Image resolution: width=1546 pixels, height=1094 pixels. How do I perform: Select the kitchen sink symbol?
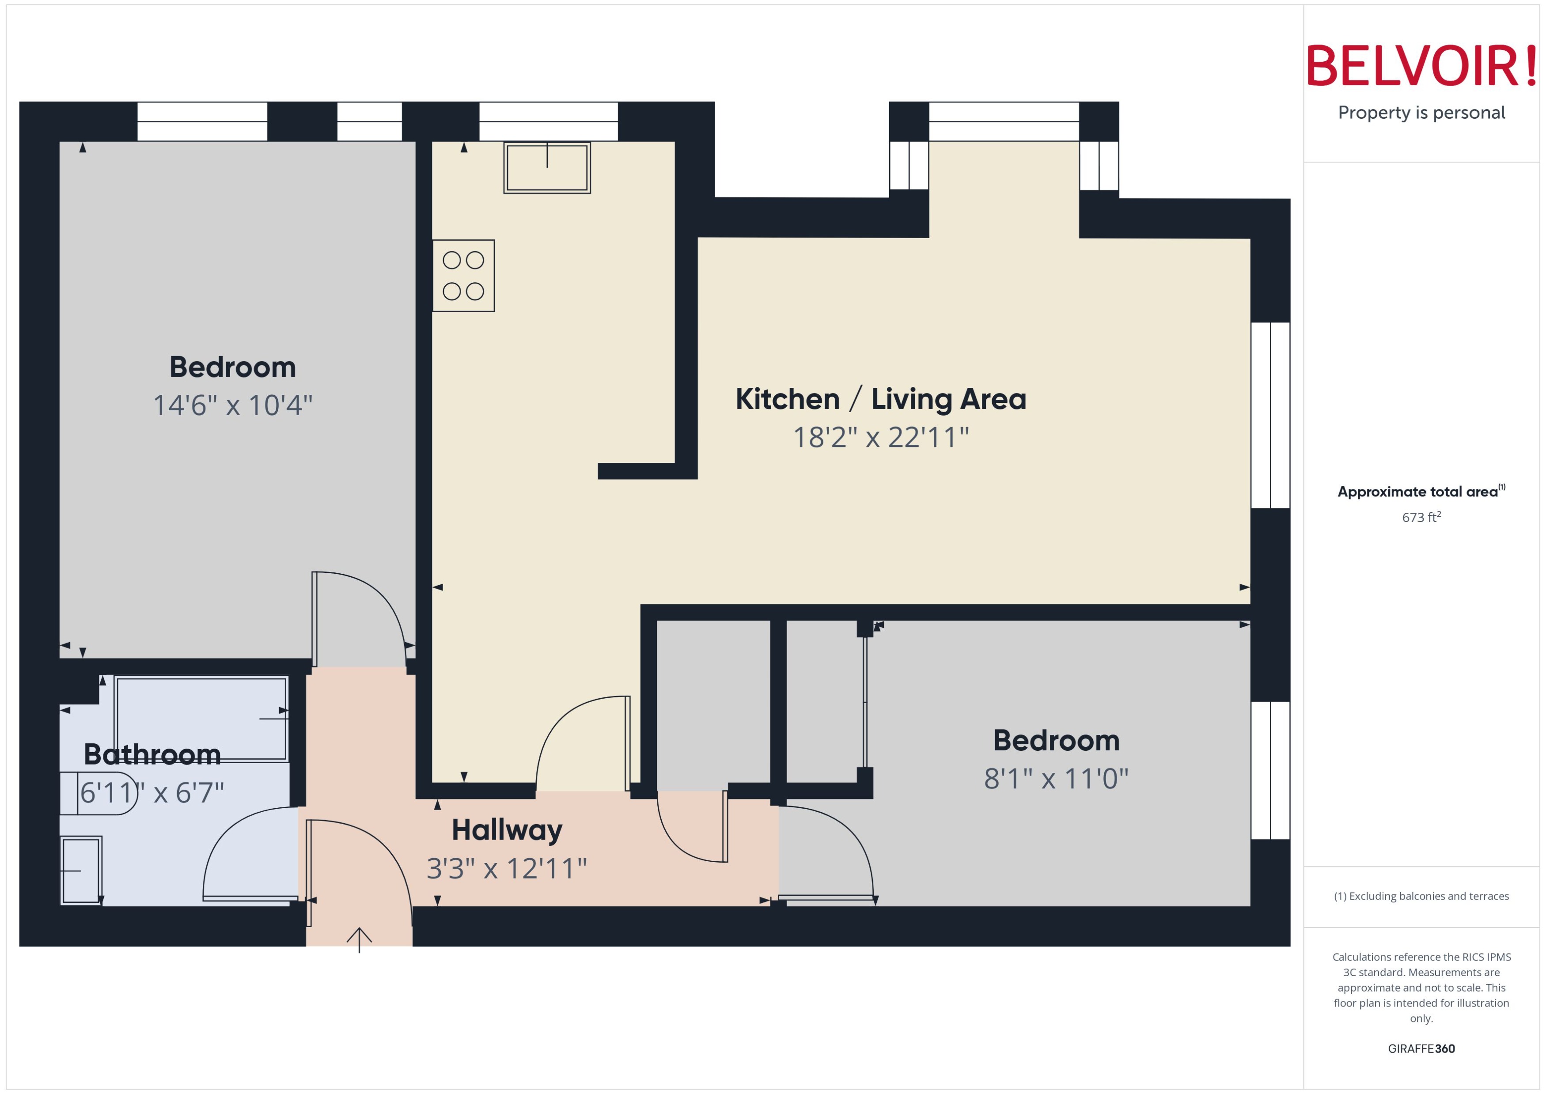pyautogui.click(x=546, y=168)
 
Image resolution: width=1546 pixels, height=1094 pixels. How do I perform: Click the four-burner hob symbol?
pyautogui.click(x=463, y=276)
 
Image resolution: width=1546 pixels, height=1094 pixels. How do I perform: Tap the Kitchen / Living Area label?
pyautogui.click(x=880, y=399)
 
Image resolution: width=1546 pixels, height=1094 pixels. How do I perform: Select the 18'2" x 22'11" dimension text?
pyautogui.click(x=880, y=438)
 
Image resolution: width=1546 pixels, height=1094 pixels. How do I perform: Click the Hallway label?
pyautogui.click(x=507, y=830)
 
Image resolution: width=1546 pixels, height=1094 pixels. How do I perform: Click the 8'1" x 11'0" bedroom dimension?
pyautogui.click(x=1056, y=779)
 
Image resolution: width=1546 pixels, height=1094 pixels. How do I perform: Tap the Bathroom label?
pyautogui.click(x=152, y=754)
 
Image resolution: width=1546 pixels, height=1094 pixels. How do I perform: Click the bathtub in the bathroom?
pyautogui.click(x=201, y=718)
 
